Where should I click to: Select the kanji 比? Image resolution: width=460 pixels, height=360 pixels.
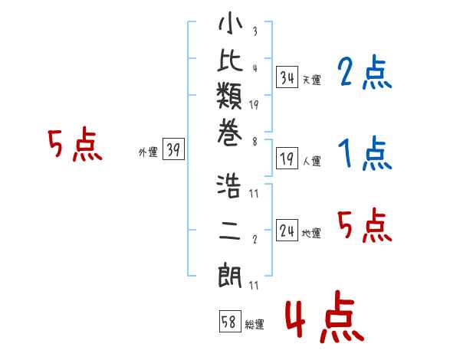tap(230, 60)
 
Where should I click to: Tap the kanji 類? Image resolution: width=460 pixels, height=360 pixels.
tap(230, 96)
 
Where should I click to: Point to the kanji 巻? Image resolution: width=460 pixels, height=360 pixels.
tap(230, 133)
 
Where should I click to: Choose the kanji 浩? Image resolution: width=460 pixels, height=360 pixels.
tap(229, 186)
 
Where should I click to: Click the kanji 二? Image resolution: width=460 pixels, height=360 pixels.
tap(230, 231)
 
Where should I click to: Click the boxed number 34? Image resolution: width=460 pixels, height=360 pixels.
tap(287, 77)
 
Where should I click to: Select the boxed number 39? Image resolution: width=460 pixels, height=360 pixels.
tap(173, 149)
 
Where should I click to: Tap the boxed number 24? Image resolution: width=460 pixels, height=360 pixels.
tap(287, 231)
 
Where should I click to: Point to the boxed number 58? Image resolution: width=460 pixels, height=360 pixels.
tap(230, 321)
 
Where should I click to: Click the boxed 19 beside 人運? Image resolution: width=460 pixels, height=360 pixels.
tap(287, 159)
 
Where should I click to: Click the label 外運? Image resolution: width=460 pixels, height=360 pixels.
tap(148, 152)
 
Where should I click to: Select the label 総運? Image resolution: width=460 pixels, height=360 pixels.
tap(255, 325)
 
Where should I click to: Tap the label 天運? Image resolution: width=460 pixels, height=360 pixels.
tap(312, 80)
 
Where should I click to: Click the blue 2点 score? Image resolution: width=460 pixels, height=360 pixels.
tap(364, 72)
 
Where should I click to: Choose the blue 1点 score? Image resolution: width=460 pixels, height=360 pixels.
tap(365, 152)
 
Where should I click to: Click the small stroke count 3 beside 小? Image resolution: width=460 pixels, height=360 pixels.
tap(255, 31)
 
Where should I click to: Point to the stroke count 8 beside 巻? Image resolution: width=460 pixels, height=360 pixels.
tap(255, 142)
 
